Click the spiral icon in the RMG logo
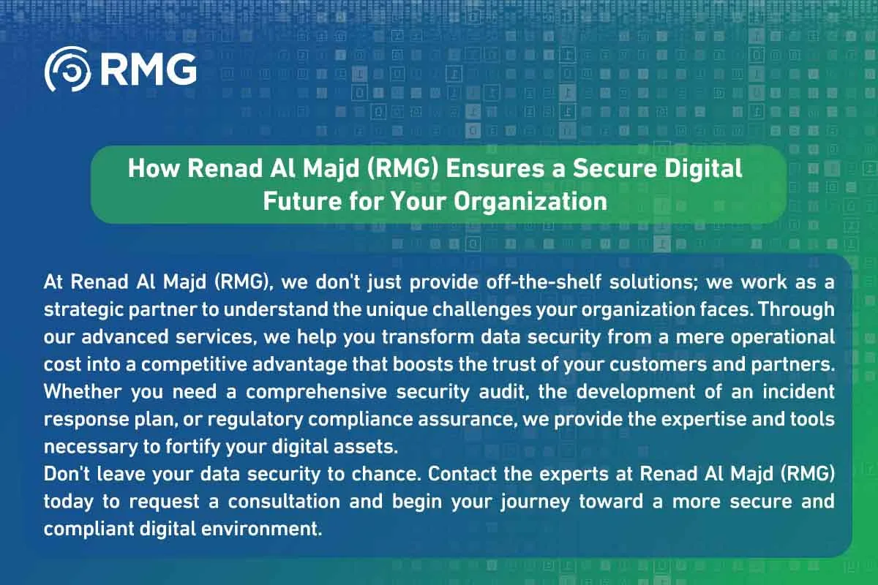67,69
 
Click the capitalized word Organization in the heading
530,202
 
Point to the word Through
796,310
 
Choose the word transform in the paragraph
427,337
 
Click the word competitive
195,365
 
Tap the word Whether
82,392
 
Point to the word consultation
284,502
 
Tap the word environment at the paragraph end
261,529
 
